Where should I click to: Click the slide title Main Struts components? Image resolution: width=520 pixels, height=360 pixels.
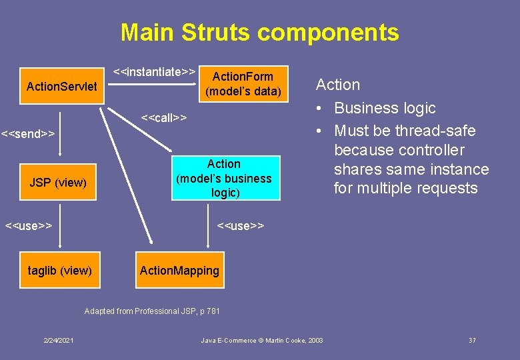259,32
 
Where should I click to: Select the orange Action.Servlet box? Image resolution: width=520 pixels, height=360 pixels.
61,87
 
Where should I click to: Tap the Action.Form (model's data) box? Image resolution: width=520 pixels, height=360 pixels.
243,84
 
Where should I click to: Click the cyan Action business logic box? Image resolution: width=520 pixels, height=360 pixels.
223,178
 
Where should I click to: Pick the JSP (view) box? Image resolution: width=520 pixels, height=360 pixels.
58,182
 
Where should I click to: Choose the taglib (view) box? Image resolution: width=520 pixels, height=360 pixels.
60,270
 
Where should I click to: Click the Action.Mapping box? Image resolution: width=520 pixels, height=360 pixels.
179,270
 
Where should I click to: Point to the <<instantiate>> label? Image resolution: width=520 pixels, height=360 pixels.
154,71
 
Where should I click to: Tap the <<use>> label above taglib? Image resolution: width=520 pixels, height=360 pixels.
29,225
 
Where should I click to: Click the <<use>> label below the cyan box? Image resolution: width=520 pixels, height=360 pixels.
241,225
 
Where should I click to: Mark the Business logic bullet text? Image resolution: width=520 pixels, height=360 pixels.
385,108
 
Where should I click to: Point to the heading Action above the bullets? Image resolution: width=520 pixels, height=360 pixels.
338,85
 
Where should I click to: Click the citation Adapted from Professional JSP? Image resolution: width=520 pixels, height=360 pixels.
152,311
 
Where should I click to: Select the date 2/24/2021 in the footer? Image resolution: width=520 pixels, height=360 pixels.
59,341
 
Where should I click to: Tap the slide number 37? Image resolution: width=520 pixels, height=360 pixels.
472,341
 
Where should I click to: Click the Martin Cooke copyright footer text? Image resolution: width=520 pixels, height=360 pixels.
262,341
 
